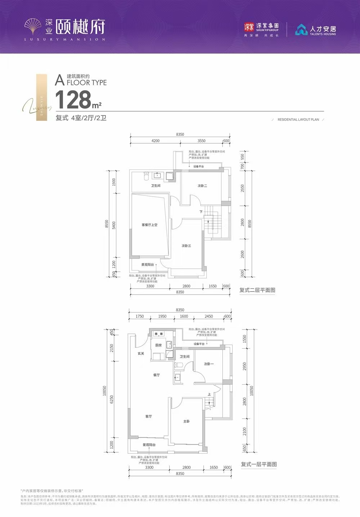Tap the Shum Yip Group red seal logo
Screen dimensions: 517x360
coord(249,27)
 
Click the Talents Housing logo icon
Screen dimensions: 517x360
coord(301,30)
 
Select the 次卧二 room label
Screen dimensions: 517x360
coord(202,186)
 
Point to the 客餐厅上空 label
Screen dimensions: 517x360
coord(149,225)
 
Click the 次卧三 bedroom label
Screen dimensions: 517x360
coord(186,246)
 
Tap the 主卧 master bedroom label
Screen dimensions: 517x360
coord(186,421)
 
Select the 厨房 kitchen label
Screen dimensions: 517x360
coord(158,345)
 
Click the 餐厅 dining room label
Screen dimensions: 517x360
coord(156,375)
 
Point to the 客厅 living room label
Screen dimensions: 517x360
coord(149,416)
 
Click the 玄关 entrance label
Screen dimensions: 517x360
coord(141,354)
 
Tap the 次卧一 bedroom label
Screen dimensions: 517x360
coord(209,364)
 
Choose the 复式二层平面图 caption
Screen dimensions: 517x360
coord(257,290)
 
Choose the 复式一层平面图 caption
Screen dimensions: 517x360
coord(259,464)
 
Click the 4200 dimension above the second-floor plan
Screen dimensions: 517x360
coord(156,141)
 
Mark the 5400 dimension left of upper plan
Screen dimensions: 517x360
coord(114,225)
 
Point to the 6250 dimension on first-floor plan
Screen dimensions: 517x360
coord(112,399)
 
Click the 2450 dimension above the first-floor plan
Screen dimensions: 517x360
coord(209,317)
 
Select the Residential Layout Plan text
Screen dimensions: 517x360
coord(298,119)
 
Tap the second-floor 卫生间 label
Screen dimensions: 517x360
coord(156,186)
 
